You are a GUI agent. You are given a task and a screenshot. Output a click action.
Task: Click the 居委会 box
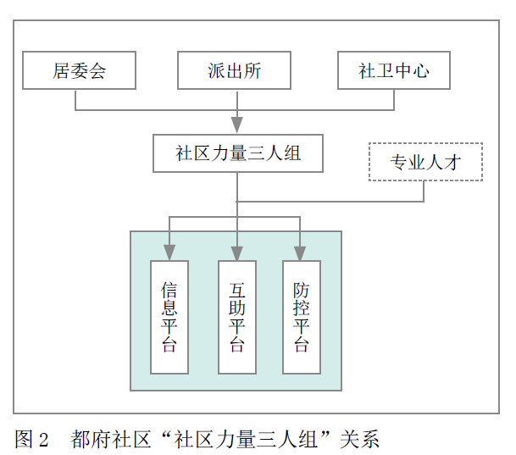(x=80, y=70)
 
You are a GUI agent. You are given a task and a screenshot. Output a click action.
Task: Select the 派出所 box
(x=235, y=70)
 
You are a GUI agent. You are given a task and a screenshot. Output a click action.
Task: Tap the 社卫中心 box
(x=393, y=70)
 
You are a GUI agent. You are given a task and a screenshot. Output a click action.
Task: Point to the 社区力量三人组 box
(x=238, y=153)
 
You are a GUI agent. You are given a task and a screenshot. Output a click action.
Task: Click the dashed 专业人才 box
(x=426, y=162)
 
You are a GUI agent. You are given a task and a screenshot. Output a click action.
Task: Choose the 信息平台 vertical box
(x=169, y=317)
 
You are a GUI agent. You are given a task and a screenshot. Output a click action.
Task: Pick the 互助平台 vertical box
(x=237, y=317)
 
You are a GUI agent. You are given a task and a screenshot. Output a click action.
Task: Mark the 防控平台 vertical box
(x=302, y=317)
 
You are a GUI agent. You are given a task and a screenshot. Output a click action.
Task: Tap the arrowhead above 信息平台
(x=169, y=252)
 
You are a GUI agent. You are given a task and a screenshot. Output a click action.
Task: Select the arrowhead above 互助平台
(x=237, y=252)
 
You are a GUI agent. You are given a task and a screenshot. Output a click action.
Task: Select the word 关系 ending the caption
(x=358, y=439)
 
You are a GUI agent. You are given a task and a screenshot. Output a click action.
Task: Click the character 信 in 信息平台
(x=169, y=289)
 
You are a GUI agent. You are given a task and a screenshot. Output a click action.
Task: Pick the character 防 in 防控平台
(x=302, y=289)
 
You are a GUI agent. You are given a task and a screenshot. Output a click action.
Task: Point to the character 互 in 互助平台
(x=237, y=289)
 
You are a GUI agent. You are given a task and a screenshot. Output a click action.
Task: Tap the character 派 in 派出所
(x=217, y=70)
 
